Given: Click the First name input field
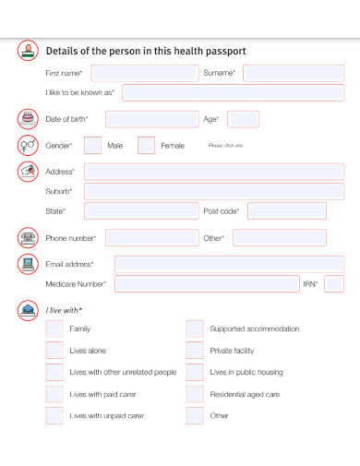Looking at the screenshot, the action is (145, 73).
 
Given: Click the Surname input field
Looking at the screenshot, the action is (294, 73).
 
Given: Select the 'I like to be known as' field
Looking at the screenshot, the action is (234, 92).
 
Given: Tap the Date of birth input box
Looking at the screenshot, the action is (151, 119).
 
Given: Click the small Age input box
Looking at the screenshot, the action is (243, 119).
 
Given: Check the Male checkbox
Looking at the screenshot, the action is (92, 146).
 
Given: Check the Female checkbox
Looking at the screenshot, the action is (146, 146).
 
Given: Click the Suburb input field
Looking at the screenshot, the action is (214, 191).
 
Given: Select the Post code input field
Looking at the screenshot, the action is (286, 211).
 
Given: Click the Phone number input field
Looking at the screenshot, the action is (151, 238).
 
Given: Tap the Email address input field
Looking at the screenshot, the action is (229, 265).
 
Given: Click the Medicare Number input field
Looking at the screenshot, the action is (207, 284).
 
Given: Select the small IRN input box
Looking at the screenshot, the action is (334, 284).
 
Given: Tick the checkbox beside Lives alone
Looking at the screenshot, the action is (55, 351).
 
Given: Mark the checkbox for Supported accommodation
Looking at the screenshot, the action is (195, 329).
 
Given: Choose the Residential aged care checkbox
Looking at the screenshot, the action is (195, 394).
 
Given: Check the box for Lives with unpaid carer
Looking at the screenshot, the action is (55, 416).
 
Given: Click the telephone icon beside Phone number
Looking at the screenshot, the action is (28, 238).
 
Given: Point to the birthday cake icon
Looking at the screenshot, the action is (28, 118).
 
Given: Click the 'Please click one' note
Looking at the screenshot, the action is (225, 146).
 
